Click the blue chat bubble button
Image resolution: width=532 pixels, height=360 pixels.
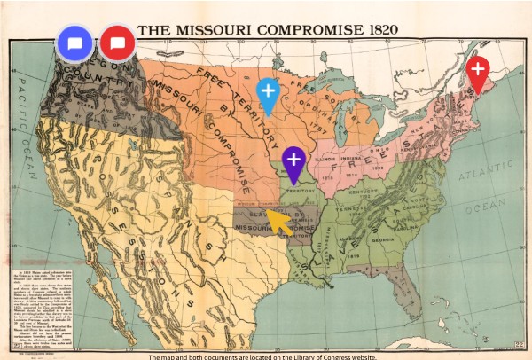tap(74, 43)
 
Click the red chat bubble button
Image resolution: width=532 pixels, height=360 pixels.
tap(117, 43)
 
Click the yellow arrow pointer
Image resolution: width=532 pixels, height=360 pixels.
tap(279, 222)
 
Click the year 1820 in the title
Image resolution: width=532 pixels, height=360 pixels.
tap(372, 29)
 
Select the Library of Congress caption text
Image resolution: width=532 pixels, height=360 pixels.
tap(266, 355)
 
